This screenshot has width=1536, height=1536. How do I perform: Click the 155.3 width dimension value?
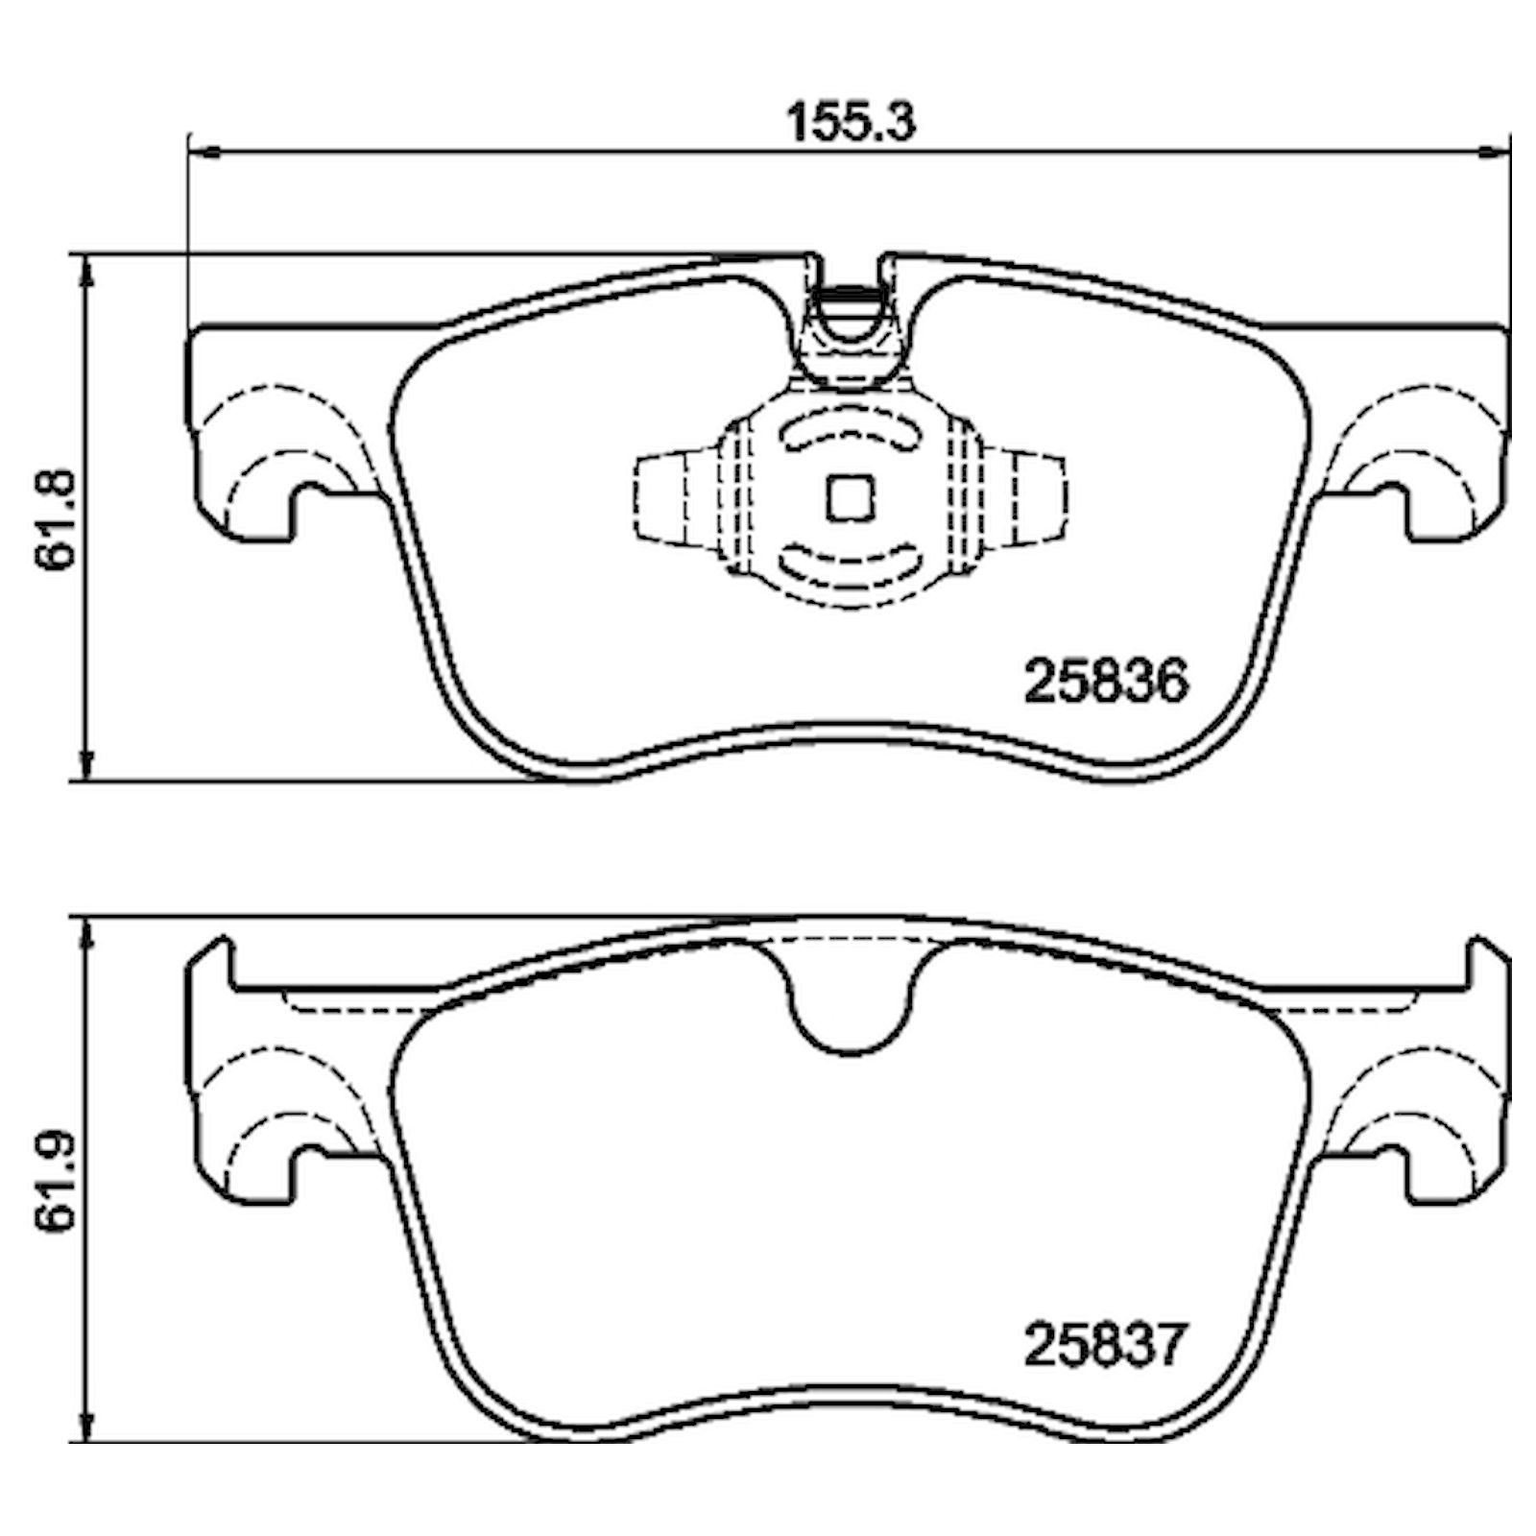pyautogui.click(x=851, y=124)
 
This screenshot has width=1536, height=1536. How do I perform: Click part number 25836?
pyautogui.click(x=1106, y=682)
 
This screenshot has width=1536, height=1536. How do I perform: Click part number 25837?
pyautogui.click(x=1106, y=1344)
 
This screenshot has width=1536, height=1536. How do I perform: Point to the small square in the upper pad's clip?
pyautogui.click(x=850, y=499)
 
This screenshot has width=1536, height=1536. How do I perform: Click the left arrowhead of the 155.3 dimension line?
pyautogui.click(x=204, y=151)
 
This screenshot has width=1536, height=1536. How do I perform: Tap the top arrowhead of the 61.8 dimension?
pyautogui.click(x=87, y=272)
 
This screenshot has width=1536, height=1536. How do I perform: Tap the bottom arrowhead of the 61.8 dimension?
pyautogui.click(x=87, y=763)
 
